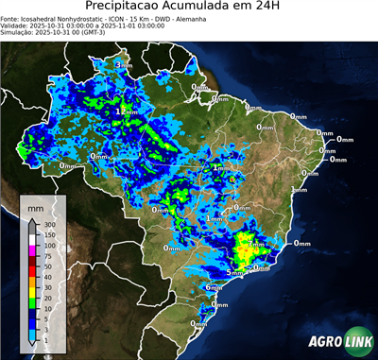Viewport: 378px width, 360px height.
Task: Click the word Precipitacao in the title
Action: (117, 8)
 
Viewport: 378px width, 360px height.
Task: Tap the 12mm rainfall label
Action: (123, 111)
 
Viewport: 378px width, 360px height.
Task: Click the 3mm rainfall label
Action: (123, 64)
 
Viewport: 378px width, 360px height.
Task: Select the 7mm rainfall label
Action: (257, 244)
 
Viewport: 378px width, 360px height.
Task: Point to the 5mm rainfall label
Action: (234, 272)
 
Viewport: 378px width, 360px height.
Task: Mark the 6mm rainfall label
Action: (214, 286)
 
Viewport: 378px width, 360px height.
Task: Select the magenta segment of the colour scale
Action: (32, 250)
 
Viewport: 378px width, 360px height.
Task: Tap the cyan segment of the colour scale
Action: (32, 327)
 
